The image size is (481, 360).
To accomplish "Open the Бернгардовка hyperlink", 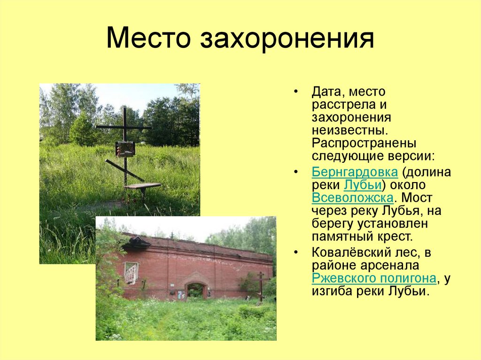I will (x=355, y=172).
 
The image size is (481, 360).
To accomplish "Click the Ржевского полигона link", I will (x=374, y=278).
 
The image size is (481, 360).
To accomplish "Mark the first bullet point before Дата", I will (x=296, y=92).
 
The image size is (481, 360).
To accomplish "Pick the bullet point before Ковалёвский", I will (x=296, y=253).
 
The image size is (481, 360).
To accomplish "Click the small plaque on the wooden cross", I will (x=125, y=149).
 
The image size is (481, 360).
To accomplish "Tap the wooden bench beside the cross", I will (x=142, y=186).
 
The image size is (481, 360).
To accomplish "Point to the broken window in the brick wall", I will (x=131, y=273).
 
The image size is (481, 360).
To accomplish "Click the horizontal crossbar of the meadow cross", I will (x=124, y=127).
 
